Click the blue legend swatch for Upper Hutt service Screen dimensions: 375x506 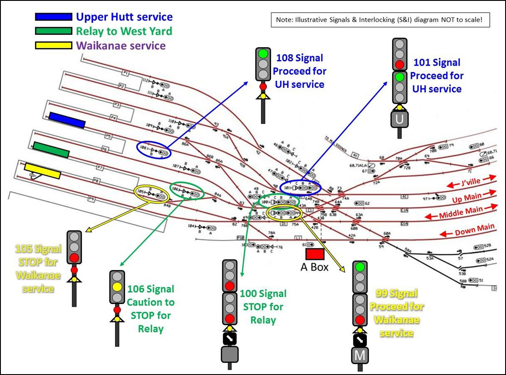(53, 17)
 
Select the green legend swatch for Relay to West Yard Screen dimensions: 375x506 (53, 31)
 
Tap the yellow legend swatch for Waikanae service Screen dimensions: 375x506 (53, 46)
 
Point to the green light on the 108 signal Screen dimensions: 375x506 (263, 54)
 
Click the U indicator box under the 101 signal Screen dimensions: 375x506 (399, 119)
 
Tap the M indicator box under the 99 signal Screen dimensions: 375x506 (360, 355)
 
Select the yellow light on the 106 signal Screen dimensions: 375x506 (117, 287)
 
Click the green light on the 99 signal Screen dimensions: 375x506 (360, 267)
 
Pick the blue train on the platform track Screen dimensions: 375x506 (67, 120)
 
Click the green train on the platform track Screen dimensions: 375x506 (51, 149)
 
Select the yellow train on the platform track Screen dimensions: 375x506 (42, 171)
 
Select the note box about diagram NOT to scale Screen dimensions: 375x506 (380, 20)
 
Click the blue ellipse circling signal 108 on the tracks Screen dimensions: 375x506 (154, 149)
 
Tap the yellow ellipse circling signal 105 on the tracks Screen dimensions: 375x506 (151, 194)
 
